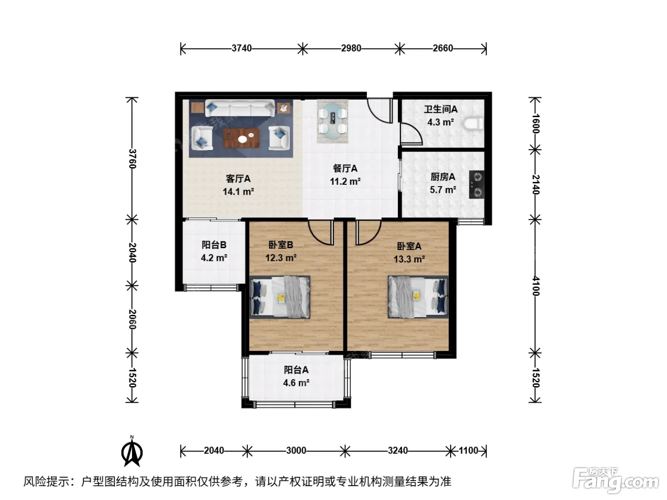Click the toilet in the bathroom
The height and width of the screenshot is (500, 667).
coord(474,124)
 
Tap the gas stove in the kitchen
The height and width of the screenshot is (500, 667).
coord(476,185)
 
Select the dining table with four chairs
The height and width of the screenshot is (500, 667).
coord(333,121)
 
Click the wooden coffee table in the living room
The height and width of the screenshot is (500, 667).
coord(242,138)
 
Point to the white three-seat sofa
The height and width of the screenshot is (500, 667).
coord(240,109)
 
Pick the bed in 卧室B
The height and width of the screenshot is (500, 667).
coord(280,297)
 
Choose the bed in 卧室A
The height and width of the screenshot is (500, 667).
coord(418,297)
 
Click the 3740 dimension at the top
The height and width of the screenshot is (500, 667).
coord(242,48)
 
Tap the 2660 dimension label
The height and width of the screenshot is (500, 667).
coord(443,48)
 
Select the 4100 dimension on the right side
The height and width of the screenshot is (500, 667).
coord(535,286)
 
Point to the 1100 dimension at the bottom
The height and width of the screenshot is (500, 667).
coord(468,450)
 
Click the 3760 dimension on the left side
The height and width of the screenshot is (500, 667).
coord(132,159)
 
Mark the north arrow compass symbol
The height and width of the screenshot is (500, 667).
coord(132,452)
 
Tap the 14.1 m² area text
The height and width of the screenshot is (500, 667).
coord(238,192)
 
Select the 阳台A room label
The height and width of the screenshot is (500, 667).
coord(296,370)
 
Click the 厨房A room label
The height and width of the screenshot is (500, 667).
coord(443,177)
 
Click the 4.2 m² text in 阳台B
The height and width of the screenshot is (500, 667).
coord(214,258)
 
